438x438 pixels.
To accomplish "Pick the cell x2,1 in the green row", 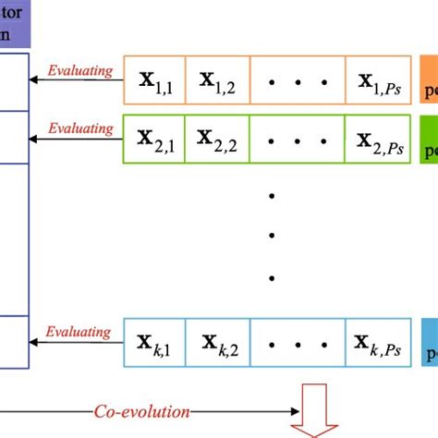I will pos(155,139).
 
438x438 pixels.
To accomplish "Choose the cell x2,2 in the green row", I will pos(218,139).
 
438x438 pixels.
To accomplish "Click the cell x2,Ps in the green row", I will pos(377,139).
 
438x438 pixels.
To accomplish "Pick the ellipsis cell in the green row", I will pos(298,139).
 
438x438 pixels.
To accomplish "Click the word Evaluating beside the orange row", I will pos(80,69).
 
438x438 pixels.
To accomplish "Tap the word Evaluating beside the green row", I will pos(80,128).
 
